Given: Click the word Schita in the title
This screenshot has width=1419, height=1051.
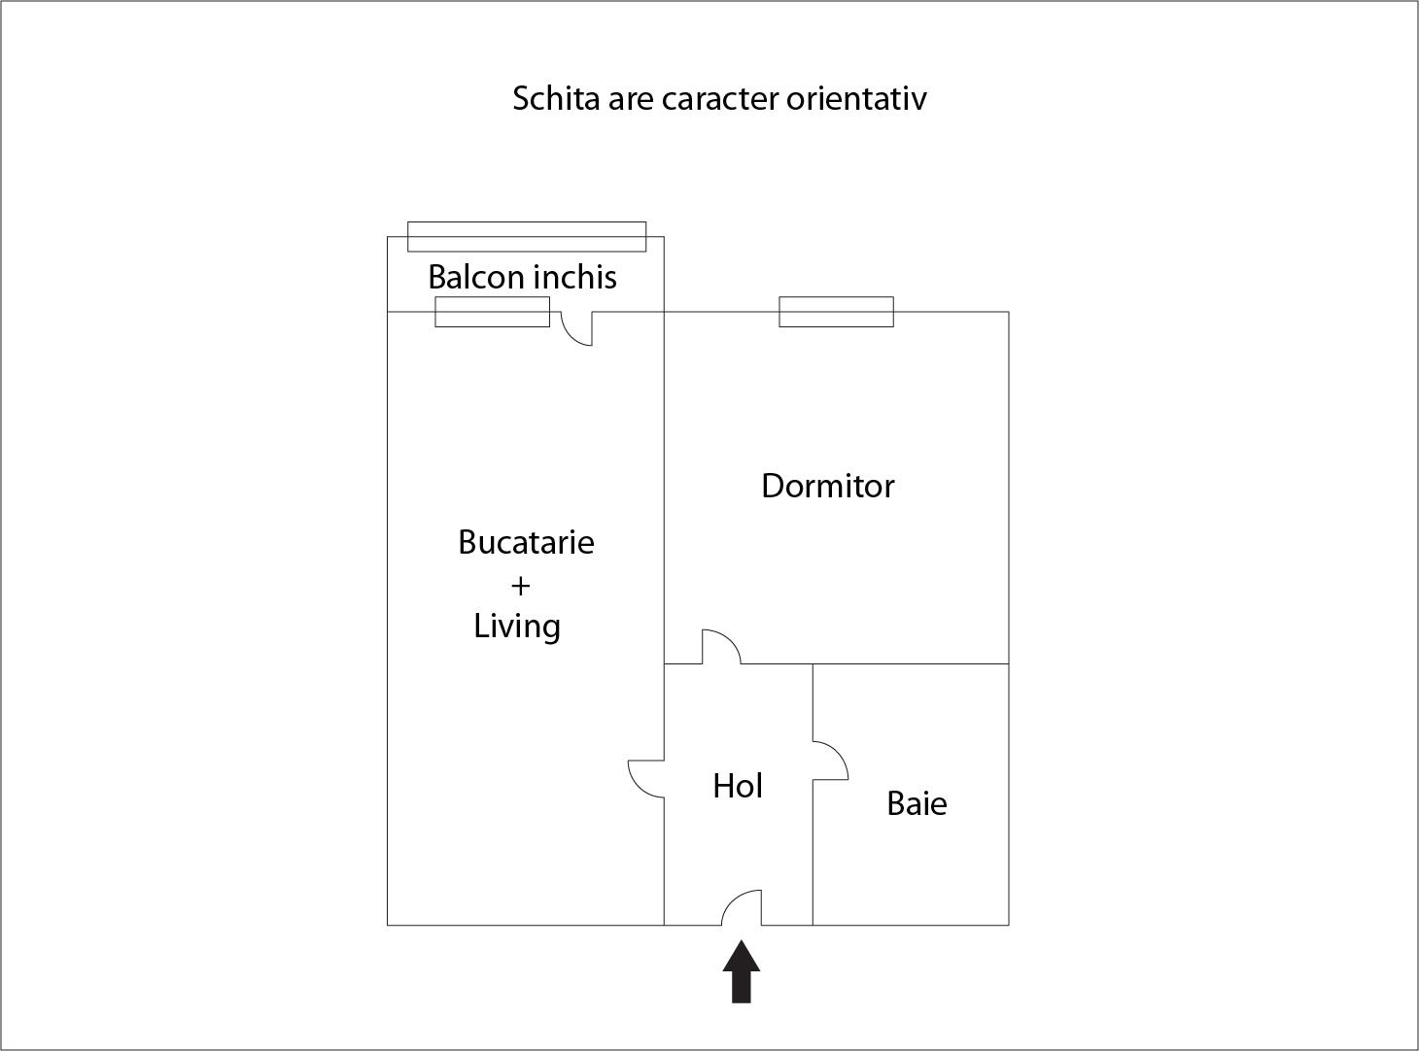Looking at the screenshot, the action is pyautogui.click(x=556, y=98).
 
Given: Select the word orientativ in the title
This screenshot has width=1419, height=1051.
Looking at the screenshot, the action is pyautogui.click(x=856, y=98).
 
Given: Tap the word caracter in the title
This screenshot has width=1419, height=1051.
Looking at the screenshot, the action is pyautogui.click(x=720, y=99).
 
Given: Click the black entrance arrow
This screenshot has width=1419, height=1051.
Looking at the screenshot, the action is pyautogui.click(x=742, y=971).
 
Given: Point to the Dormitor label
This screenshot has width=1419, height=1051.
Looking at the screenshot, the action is pyautogui.click(x=828, y=486).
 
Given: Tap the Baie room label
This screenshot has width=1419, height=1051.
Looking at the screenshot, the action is pyautogui.click(x=917, y=804).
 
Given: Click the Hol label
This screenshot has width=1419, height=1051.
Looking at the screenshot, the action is pyautogui.click(x=738, y=786).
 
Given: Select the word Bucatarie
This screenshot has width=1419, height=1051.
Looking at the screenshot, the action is pyautogui.click(x=526, y=542).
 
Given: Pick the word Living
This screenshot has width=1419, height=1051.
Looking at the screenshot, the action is pyautogui.click(x=517, y=627).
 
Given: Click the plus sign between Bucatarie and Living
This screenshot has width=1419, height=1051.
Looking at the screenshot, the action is pyautogui.click(x=521, y=586).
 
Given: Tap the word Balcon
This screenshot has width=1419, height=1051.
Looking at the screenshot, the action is pyautogui.click(x=476, y=277).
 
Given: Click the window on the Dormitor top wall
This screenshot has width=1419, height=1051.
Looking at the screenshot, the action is pyautogui.click(x=836, y=312).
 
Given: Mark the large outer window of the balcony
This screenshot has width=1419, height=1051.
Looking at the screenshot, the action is pyautogui.click(x=527, y=237).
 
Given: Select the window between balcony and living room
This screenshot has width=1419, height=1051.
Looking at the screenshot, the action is pyautogui.click(x=493, y=312).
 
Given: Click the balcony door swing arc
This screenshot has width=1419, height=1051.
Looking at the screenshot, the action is pyautogui.click(x=576, y=328).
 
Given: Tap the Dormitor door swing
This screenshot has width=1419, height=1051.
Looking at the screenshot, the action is pyautogui.click(x=722, y=647).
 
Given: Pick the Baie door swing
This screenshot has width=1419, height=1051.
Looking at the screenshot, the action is pyautogui.click(x=830, y=761).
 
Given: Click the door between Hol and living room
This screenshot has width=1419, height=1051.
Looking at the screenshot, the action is pyautogui.click(x=646, y=779).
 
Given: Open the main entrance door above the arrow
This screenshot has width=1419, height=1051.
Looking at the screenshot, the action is pyautogui.click(x=742, y=907).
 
